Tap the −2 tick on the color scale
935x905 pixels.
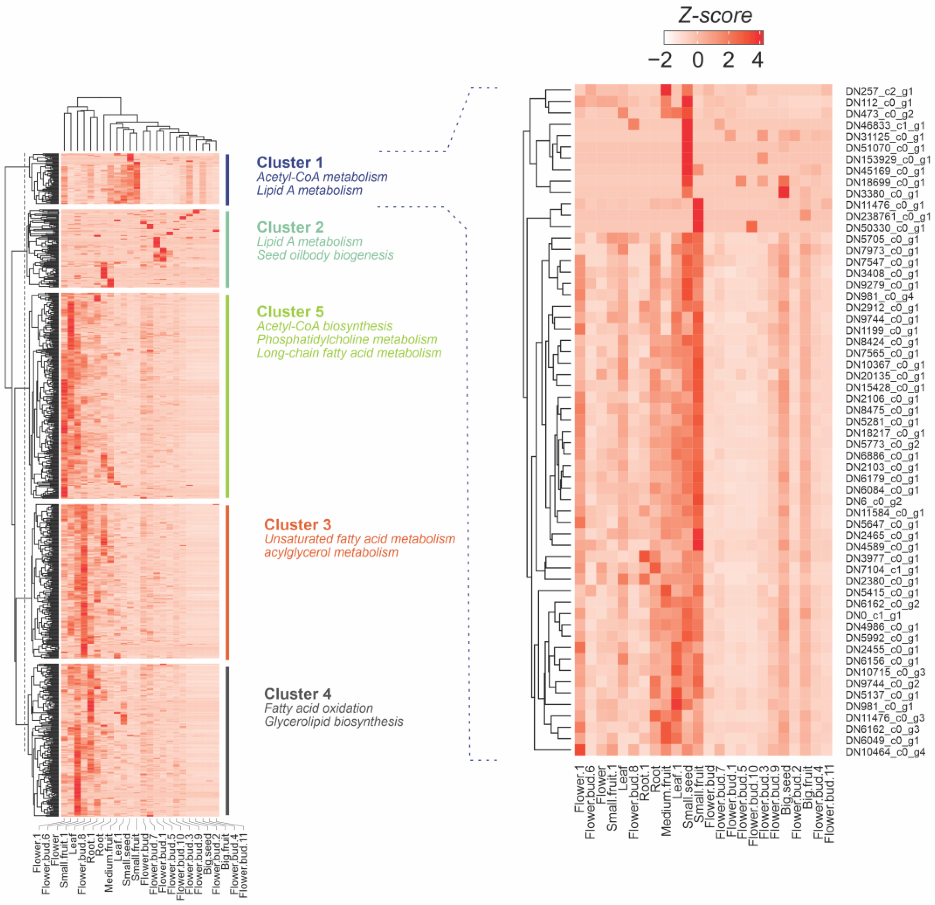(660, 60)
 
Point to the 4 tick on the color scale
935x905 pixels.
(757, 60)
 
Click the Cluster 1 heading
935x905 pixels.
(289, 163)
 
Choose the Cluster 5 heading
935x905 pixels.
(290, 311)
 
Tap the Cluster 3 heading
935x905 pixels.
(298, 525)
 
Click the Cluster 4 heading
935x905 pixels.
(298, 694)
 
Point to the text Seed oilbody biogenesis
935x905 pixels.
(325, 255)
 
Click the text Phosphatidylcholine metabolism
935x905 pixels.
(347, 340)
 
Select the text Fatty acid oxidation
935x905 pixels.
(319, 708)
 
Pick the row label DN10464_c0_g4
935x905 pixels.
(885, 752)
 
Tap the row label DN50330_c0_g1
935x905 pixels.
(885, 228)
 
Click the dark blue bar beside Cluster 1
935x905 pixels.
(228, 179)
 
